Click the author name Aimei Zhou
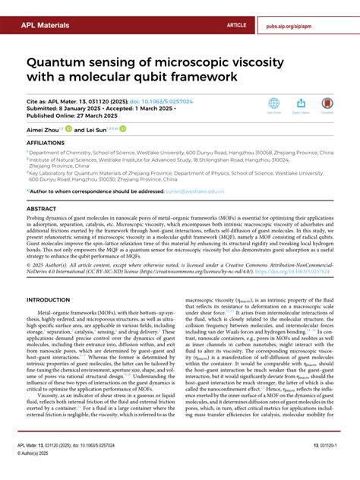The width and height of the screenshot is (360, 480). tap(43, 130)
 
